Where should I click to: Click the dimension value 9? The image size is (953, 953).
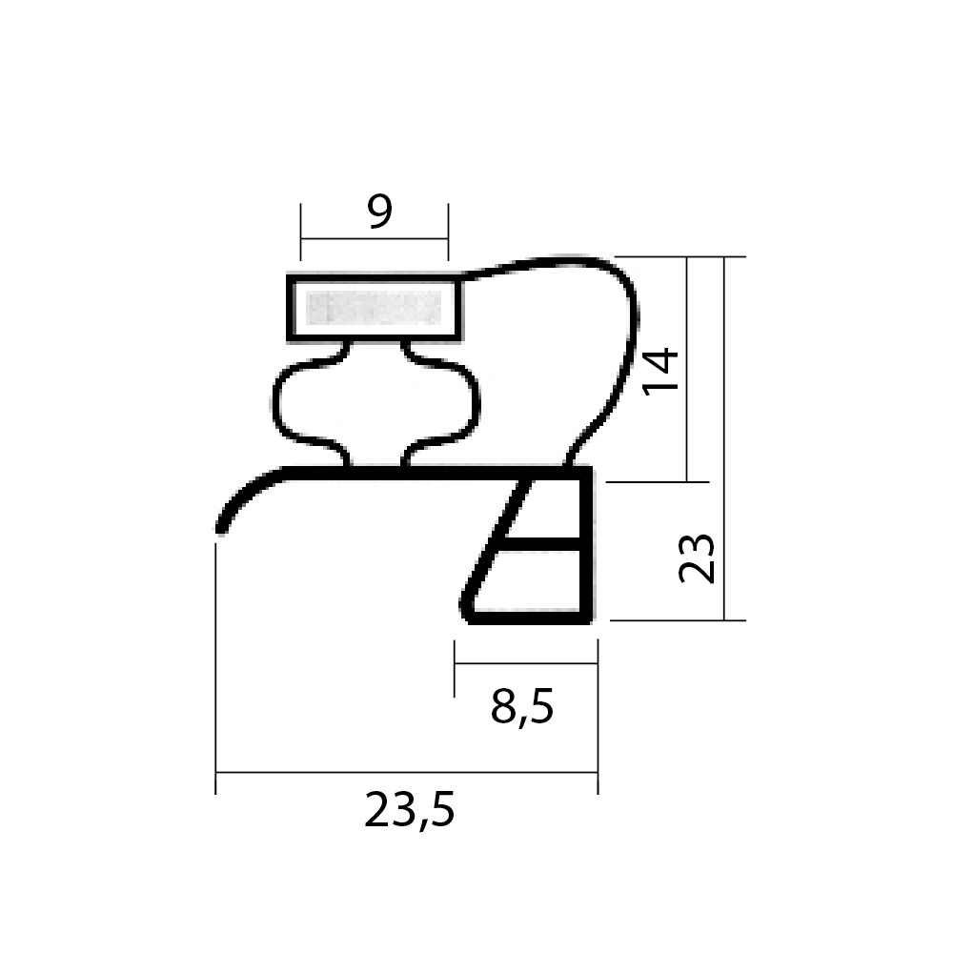[x=380, y=212]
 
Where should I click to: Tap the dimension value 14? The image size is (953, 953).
[x=661, y=372]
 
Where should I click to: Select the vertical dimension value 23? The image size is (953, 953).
[x=698, y=558]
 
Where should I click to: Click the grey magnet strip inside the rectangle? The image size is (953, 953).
[x=374, y=308]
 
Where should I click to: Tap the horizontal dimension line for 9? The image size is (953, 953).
[x=375, y=239]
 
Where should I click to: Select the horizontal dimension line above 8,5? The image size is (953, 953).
[x=526, y=663]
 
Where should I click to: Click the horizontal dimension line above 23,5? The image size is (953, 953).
[x=407, y=773]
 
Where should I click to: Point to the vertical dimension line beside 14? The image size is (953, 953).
[x=687, y=370]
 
